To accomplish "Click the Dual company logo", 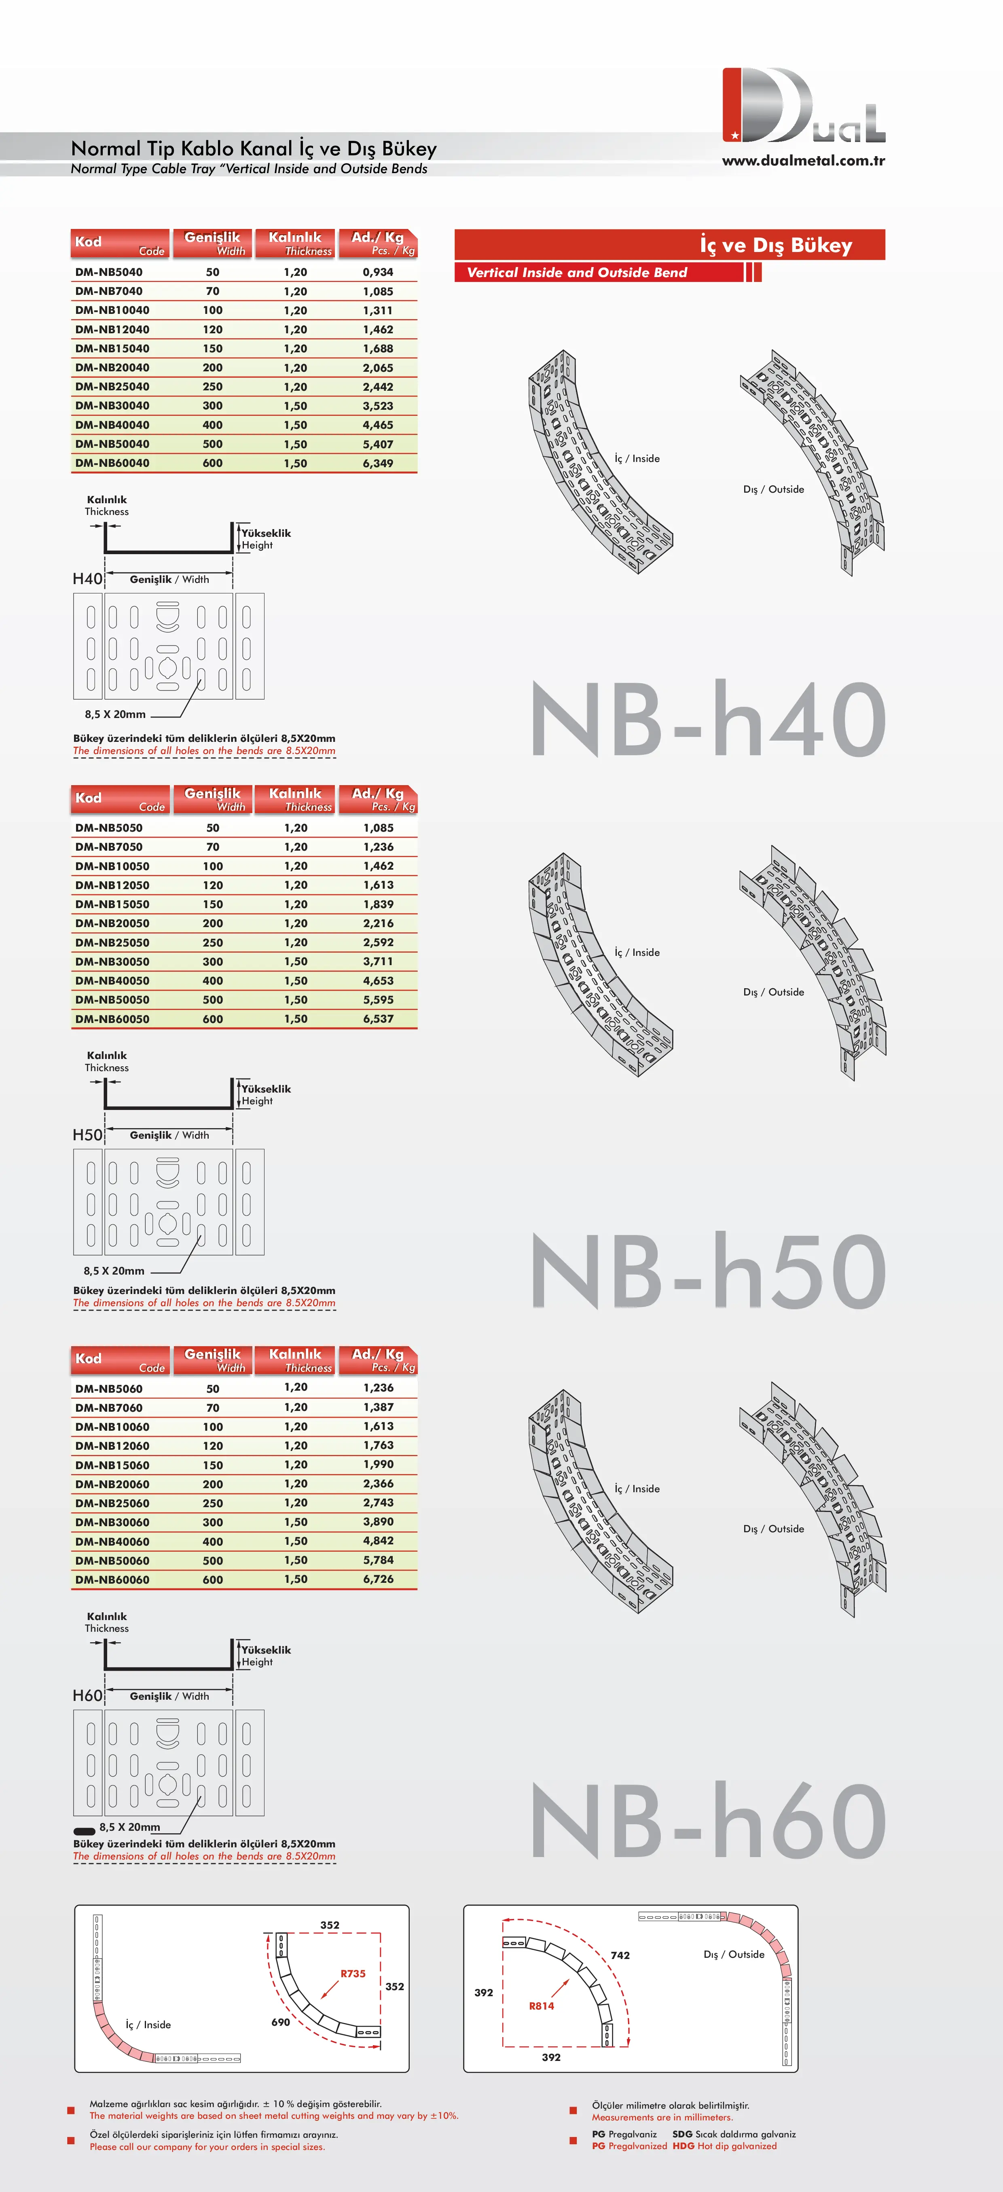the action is click(803, 106).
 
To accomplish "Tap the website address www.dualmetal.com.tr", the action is click(803, 160).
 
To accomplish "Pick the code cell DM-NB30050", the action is click(112, 962).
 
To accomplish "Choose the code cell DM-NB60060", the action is click(112, 1579).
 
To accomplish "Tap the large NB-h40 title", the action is click(708, 719).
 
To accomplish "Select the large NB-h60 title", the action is click(708, 1820).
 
